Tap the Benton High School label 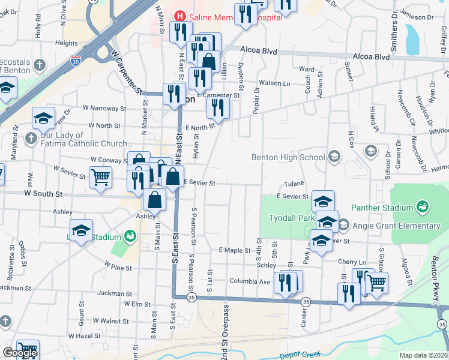click(x=288, y=158)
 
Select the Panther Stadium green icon click(x=423, y=208)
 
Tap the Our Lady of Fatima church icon click(x=31, y=139)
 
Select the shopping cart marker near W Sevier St click(x=100, y=176)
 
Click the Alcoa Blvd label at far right click(x=371, y=57)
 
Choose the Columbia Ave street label click(x=250, y=280)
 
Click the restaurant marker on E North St click(x=218, y=108)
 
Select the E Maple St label click(x=234, y=250)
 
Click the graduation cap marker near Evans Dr click(x=43, y=118)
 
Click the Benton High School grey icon click(x=334, y=157)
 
